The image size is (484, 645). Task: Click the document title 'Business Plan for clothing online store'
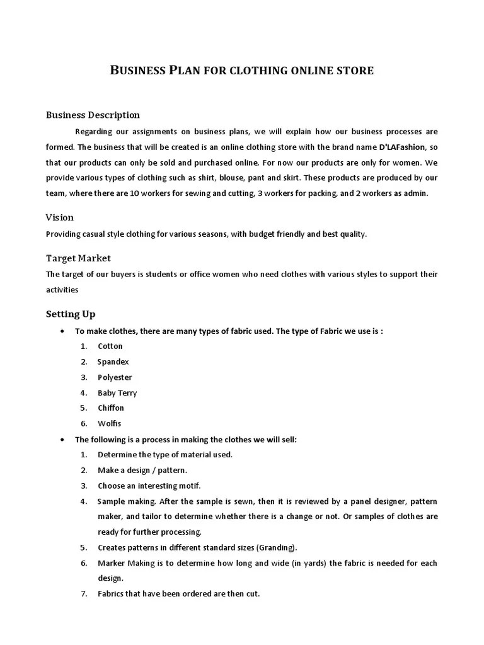[242, 70]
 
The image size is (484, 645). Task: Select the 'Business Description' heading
[93, 115]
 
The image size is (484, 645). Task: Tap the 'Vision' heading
[60, 217]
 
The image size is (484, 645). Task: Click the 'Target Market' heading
[78, 258]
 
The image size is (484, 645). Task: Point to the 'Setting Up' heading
[71, 314]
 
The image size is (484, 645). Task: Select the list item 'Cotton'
[110, 346]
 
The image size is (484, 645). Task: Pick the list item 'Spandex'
[113, 362]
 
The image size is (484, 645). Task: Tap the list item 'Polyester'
[115, 377]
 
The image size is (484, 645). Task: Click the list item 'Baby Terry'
[117, 392]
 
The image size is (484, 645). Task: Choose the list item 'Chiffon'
[111, 408]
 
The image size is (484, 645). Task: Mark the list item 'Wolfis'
[109, 423]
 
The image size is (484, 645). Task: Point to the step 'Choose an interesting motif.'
[149, 486]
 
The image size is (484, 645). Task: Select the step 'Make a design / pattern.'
[142, 470]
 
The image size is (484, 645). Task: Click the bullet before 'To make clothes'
[60, 331]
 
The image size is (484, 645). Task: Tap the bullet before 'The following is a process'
[60, 439]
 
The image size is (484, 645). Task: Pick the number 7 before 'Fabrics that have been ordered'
[83, 594]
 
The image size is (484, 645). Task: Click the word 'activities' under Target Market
[62, 290]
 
